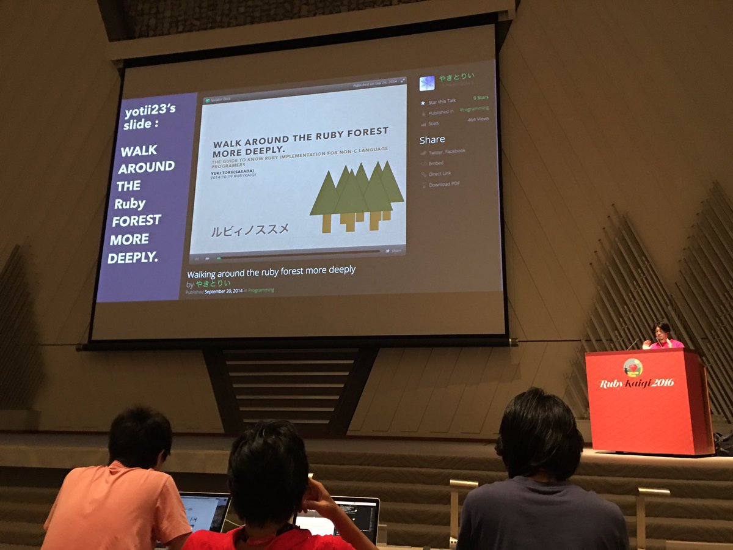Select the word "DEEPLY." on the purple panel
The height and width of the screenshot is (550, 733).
pos(133,257)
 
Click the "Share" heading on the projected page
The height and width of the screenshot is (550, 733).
pos(432,139)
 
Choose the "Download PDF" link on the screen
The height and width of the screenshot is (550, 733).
pos(444,185)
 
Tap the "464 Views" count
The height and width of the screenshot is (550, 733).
pos(480,120)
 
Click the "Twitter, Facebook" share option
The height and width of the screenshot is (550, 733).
pos(447,151)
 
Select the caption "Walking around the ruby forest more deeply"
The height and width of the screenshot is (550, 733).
pos(271,271)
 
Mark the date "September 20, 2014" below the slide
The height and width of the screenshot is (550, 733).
pos(224,291)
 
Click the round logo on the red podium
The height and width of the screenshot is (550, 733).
pos(633,367)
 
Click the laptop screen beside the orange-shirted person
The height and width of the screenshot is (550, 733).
pos(205,511)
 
